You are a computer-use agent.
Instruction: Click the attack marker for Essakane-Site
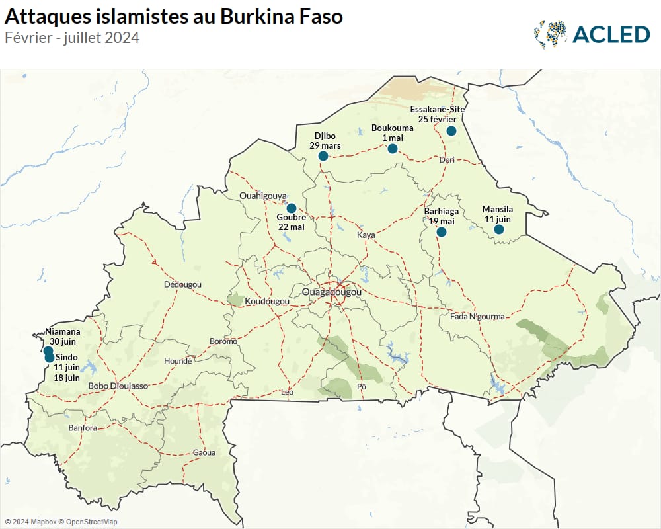point(451,131)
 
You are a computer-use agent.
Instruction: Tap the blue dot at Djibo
point(323,156)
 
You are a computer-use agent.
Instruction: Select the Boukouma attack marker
point(393,149)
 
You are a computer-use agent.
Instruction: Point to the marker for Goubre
point(292,208)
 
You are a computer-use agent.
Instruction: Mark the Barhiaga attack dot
point(442,232)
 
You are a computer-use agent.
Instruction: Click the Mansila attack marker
point(499,229)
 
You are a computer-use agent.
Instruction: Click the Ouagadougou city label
point(331,292)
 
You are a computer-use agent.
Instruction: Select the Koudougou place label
point(267,301)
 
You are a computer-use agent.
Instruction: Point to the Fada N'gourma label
point(477,317)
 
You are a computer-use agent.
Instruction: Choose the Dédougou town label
point(182,284)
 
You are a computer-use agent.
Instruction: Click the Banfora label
point(83,428)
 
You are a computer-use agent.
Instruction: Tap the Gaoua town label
point(204,453)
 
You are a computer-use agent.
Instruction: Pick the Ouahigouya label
point(263,196)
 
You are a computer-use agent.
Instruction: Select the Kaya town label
point(366,235)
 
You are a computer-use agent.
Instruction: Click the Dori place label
point(447,160)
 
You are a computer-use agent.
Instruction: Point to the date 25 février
point(438,119)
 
